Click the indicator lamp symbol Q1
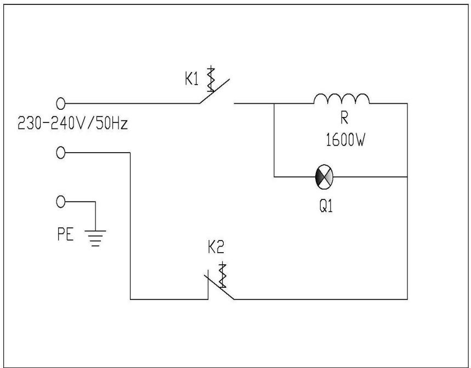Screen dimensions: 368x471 click(x=324, y=177)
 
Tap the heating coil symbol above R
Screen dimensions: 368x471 click(x=341, y=98)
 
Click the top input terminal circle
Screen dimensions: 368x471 click(x=61, y=103)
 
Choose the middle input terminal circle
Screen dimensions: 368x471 click(x=61, y=153)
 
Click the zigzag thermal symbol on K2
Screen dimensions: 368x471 click(x=222, y=275)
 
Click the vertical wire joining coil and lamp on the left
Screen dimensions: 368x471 click(x=274, y=140)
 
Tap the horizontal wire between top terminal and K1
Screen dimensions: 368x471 click(x=132, y=103)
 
